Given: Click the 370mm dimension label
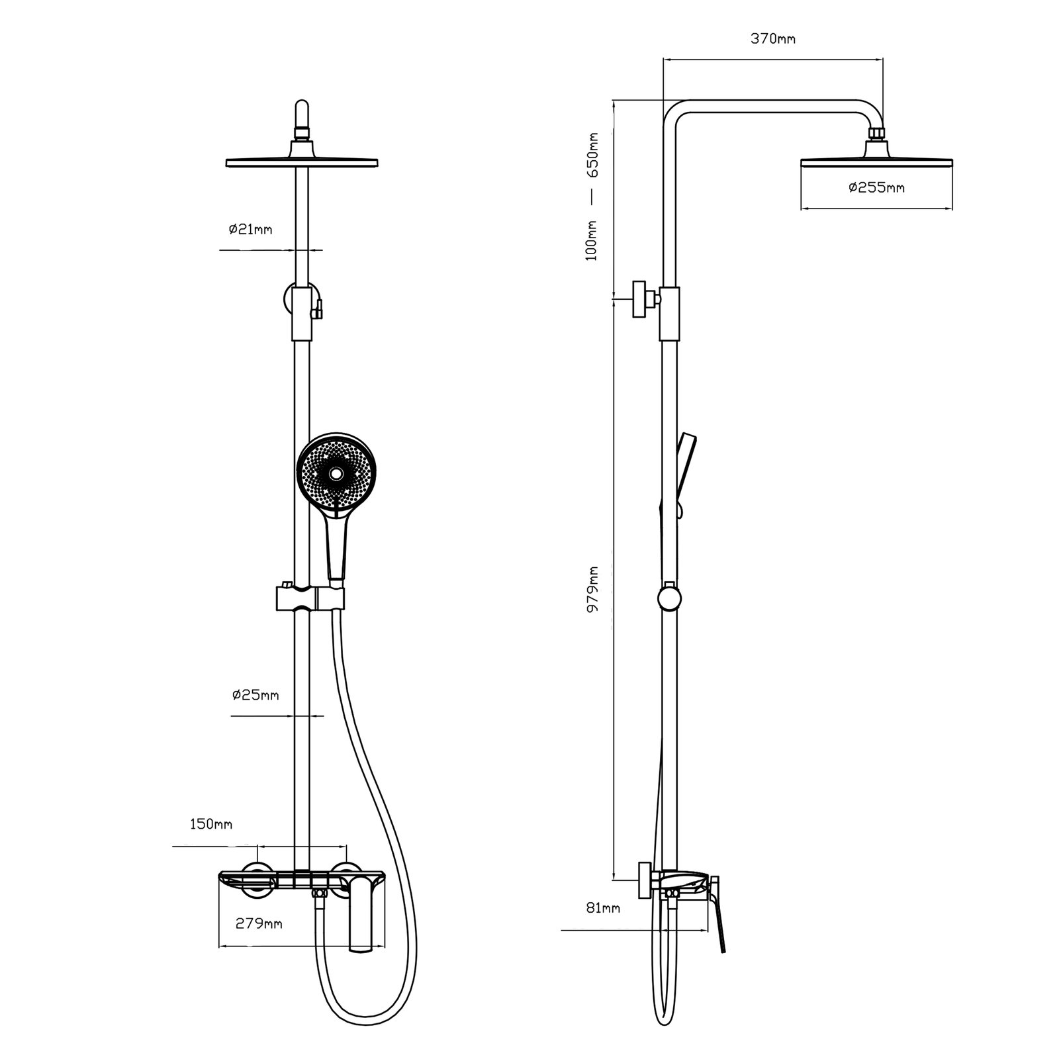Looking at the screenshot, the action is [773, 38].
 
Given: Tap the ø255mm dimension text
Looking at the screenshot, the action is [876, 187].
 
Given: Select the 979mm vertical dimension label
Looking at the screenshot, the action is [593, 588].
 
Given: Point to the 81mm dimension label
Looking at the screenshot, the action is [602, 908].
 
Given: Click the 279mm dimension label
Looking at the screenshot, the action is [259, 923].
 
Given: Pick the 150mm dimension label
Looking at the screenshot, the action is [210, 824].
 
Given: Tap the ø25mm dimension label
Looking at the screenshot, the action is [255, 695].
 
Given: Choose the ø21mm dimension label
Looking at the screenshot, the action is [250, 230].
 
